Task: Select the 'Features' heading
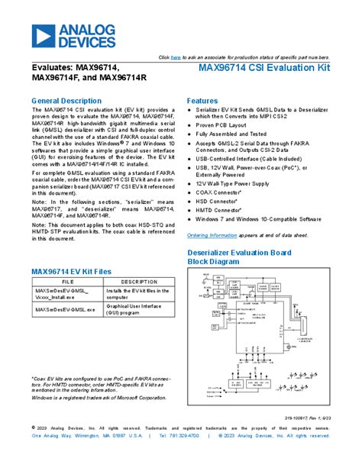tap(202, 101)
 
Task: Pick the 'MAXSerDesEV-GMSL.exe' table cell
tap(65, 310)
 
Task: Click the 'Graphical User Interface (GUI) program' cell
tap(137, 313)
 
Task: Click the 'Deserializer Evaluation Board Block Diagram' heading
tap(240, 256)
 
